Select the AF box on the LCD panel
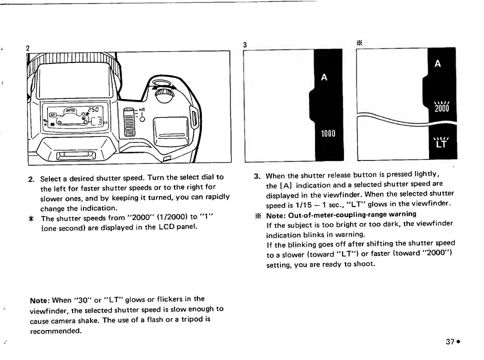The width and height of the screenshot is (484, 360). click(51, 114)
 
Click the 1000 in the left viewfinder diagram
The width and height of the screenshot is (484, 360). click(328, 133)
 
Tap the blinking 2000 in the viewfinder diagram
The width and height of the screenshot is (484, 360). click(442, 109)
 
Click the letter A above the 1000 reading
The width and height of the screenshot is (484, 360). click(324, 77)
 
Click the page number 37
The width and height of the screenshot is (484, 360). click(449, 342)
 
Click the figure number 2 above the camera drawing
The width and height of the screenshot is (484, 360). click(28, 47)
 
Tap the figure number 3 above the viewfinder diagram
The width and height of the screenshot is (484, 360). click(245, 44)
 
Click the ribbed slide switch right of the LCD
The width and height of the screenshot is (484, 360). click(129, 121)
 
